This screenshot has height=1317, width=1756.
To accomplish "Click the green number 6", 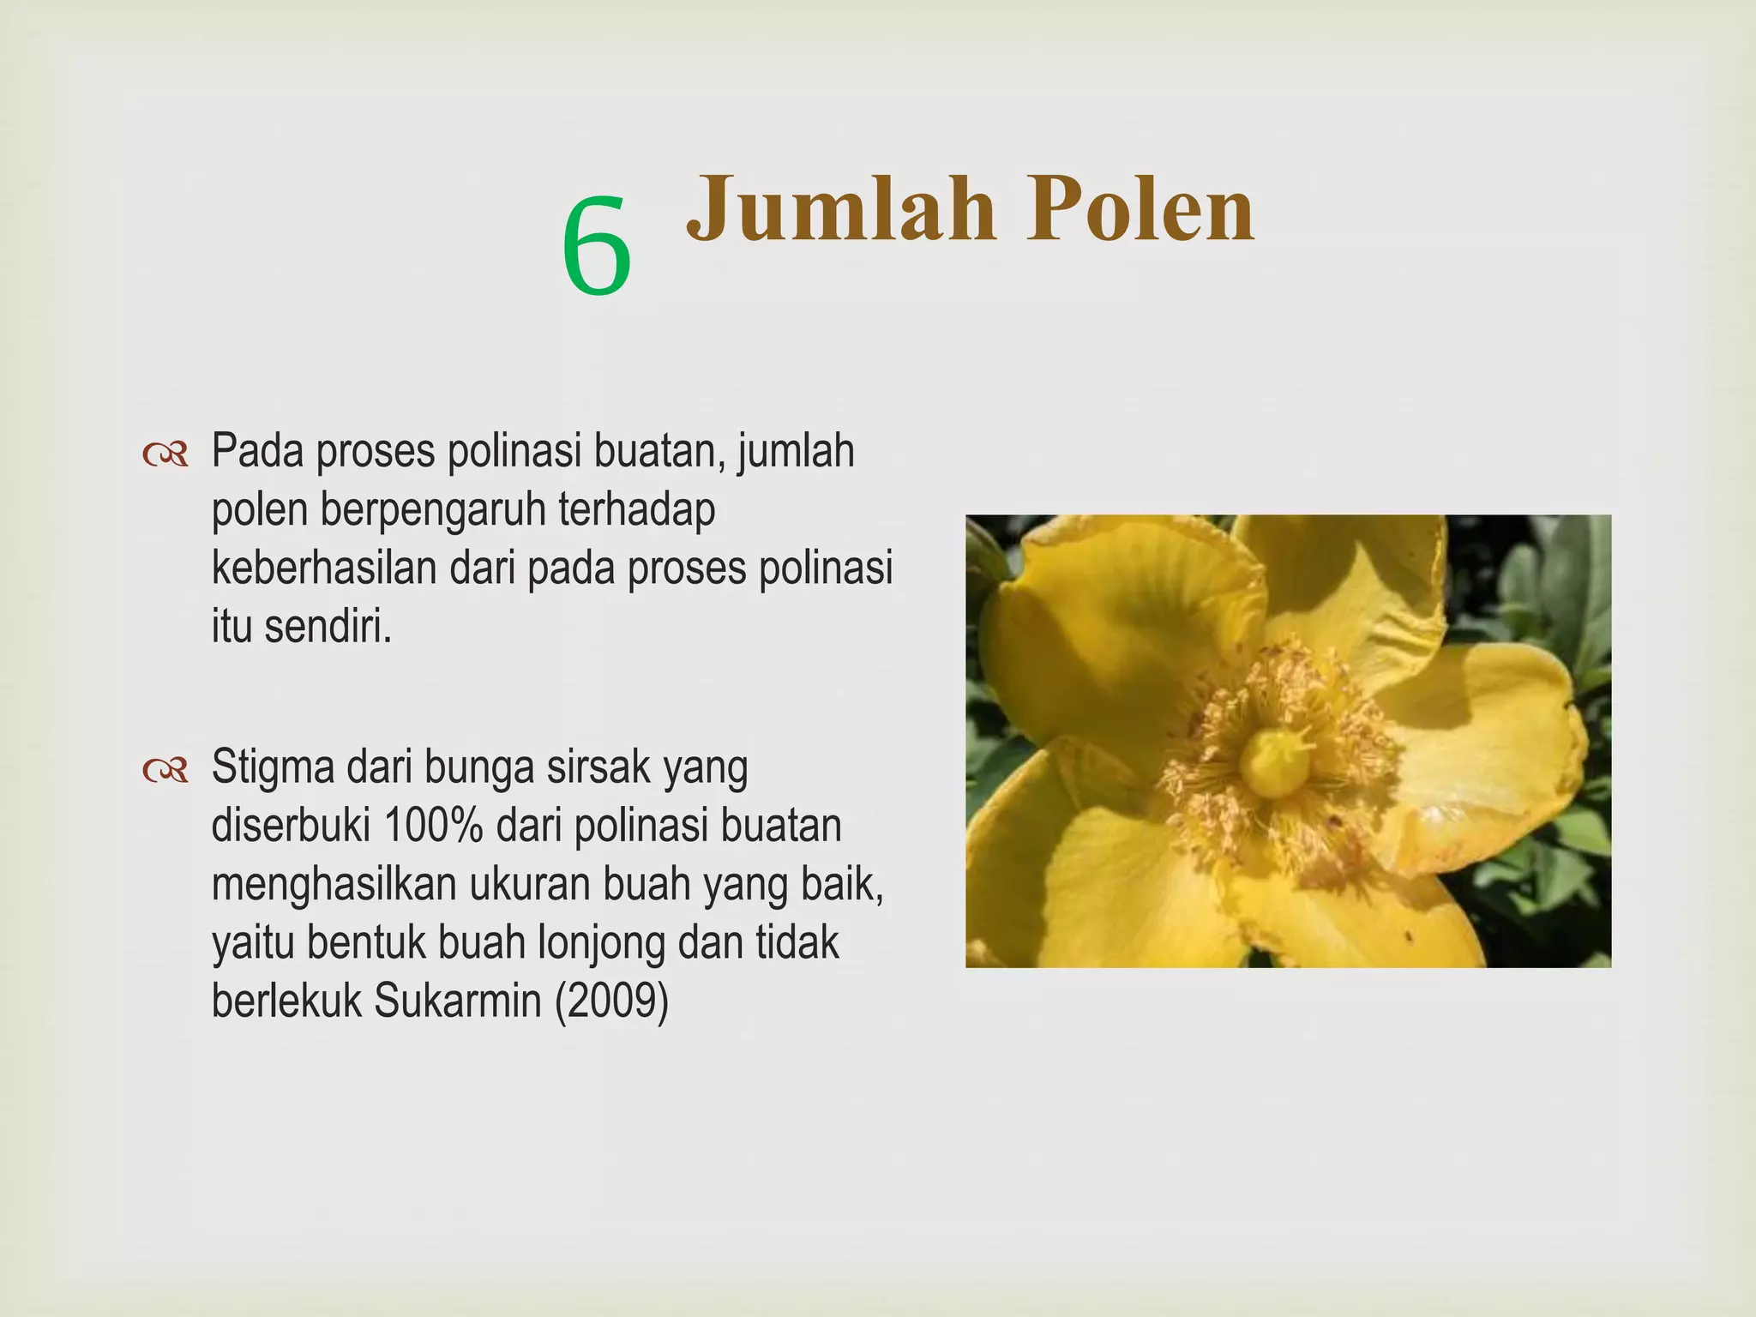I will [597, 246].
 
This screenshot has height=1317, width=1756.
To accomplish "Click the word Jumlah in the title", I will [841, 209].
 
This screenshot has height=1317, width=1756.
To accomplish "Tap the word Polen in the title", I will [1141, 209].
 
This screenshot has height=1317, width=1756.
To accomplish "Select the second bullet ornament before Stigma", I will [165, 771].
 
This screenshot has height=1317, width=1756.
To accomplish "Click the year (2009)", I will [611, 1001].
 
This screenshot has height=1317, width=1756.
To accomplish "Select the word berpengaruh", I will [433, 512].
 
